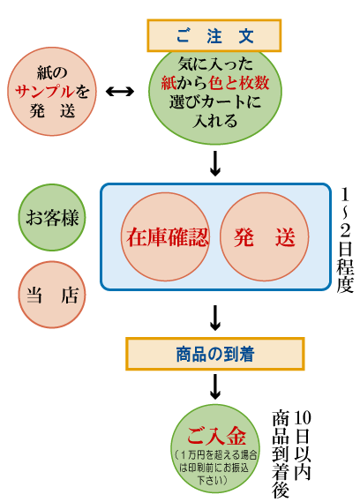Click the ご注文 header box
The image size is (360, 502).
point(214,35)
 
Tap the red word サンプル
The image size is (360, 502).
point(44,92)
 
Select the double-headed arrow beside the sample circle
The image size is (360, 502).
point(120,92)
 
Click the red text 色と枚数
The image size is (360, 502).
point(238,83)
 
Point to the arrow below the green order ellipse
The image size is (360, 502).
point(215,163)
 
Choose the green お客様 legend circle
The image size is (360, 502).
point(52,217)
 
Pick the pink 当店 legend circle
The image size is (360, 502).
point(52,295)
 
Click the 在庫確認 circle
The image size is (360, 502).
point(166,237)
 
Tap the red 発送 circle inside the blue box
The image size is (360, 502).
point(264,237)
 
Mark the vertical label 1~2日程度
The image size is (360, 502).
point(345,240)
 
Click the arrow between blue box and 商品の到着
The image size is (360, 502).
point(215,318)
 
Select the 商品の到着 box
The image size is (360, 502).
point(215,354)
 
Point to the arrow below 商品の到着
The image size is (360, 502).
point(215,387)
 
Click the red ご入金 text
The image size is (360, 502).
point(216,436)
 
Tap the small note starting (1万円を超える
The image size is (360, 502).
point(215,468)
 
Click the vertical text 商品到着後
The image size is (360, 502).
point(281,453)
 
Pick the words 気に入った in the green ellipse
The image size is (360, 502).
point(215,64)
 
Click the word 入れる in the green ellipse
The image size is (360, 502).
point(215,121)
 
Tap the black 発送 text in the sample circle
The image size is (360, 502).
point(52,111)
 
